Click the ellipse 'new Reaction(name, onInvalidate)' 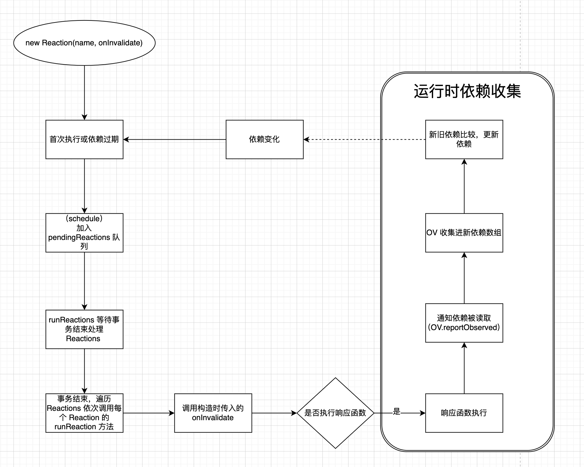(84, 43)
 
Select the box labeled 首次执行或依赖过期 (84, 139)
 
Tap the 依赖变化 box (264, 139)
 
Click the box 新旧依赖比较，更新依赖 (464, 139)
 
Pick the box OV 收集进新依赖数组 (464, 233)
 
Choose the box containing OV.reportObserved (464, 323)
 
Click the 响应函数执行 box (464, 413)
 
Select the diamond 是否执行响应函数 (335, 413)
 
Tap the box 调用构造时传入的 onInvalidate (213, 413)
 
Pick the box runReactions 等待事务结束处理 (84, 329)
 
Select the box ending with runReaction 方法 (84, 413)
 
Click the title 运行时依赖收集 (467, 91)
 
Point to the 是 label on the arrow (396, 412)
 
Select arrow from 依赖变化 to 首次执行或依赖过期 (176, 140)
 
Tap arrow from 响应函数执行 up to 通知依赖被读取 (464, 369)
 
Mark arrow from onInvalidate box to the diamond (274, 413)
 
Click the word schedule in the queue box (84, 219)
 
